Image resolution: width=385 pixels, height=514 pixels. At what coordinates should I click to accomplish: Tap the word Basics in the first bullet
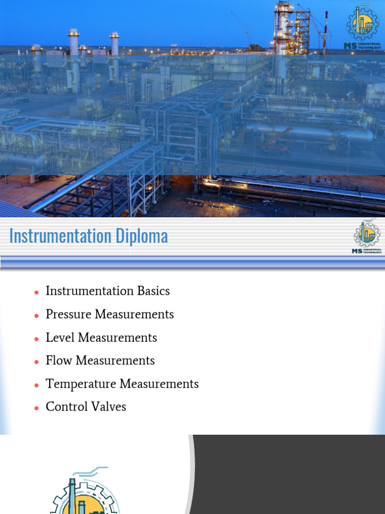point(152,291)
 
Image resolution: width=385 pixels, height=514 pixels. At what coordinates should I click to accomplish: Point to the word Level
point(58,338)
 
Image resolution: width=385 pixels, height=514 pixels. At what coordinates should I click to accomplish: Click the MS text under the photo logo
point(350,46)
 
